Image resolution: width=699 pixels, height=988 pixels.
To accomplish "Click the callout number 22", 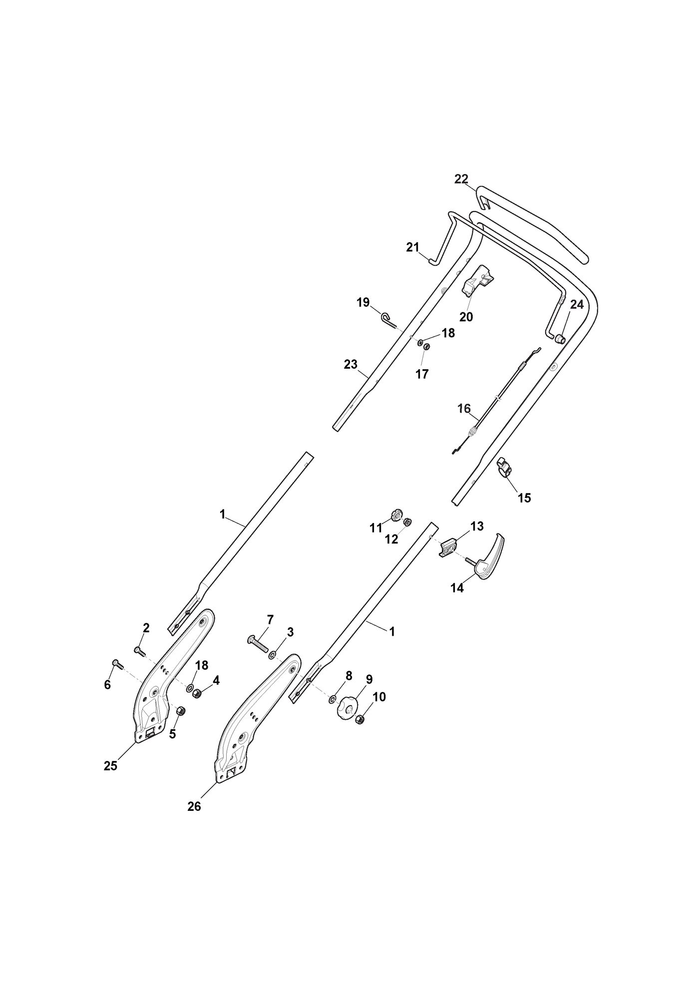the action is [461, 179].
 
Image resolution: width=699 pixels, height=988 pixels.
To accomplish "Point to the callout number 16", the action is [464, 409].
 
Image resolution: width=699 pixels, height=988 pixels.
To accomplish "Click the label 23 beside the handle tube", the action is [351, 365].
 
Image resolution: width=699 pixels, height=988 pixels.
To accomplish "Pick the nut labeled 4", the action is [197, 694].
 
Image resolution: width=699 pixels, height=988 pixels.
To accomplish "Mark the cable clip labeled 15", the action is [505, 468].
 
